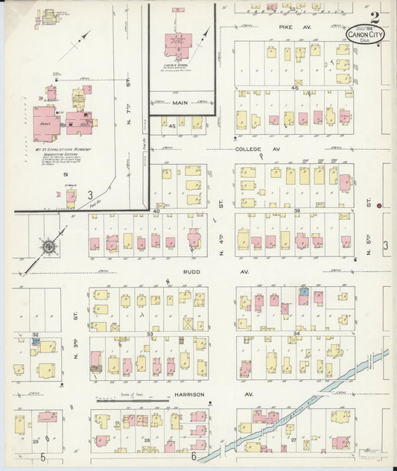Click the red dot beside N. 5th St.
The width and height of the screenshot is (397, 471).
[378, 205]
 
